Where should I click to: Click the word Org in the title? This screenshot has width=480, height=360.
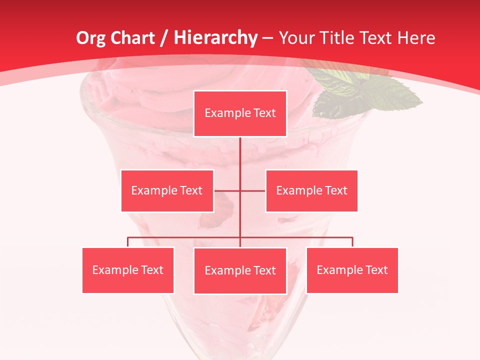[90, 38]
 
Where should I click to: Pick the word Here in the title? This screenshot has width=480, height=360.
[416, 38]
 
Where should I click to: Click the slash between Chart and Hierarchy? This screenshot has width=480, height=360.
[163, 38]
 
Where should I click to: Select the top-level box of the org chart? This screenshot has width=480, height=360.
[240, 113]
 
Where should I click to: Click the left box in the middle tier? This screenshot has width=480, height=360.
[167, 190]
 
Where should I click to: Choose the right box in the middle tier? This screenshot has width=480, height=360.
[311, 190]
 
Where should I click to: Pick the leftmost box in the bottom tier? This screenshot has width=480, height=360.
[128, 270]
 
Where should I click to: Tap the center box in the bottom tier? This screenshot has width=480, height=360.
[240, 270]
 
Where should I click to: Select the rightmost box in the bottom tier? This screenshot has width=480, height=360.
[352, 270]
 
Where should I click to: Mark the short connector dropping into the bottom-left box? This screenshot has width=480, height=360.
[128, 242]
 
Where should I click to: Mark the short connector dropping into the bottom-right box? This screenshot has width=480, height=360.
[352, 242]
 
